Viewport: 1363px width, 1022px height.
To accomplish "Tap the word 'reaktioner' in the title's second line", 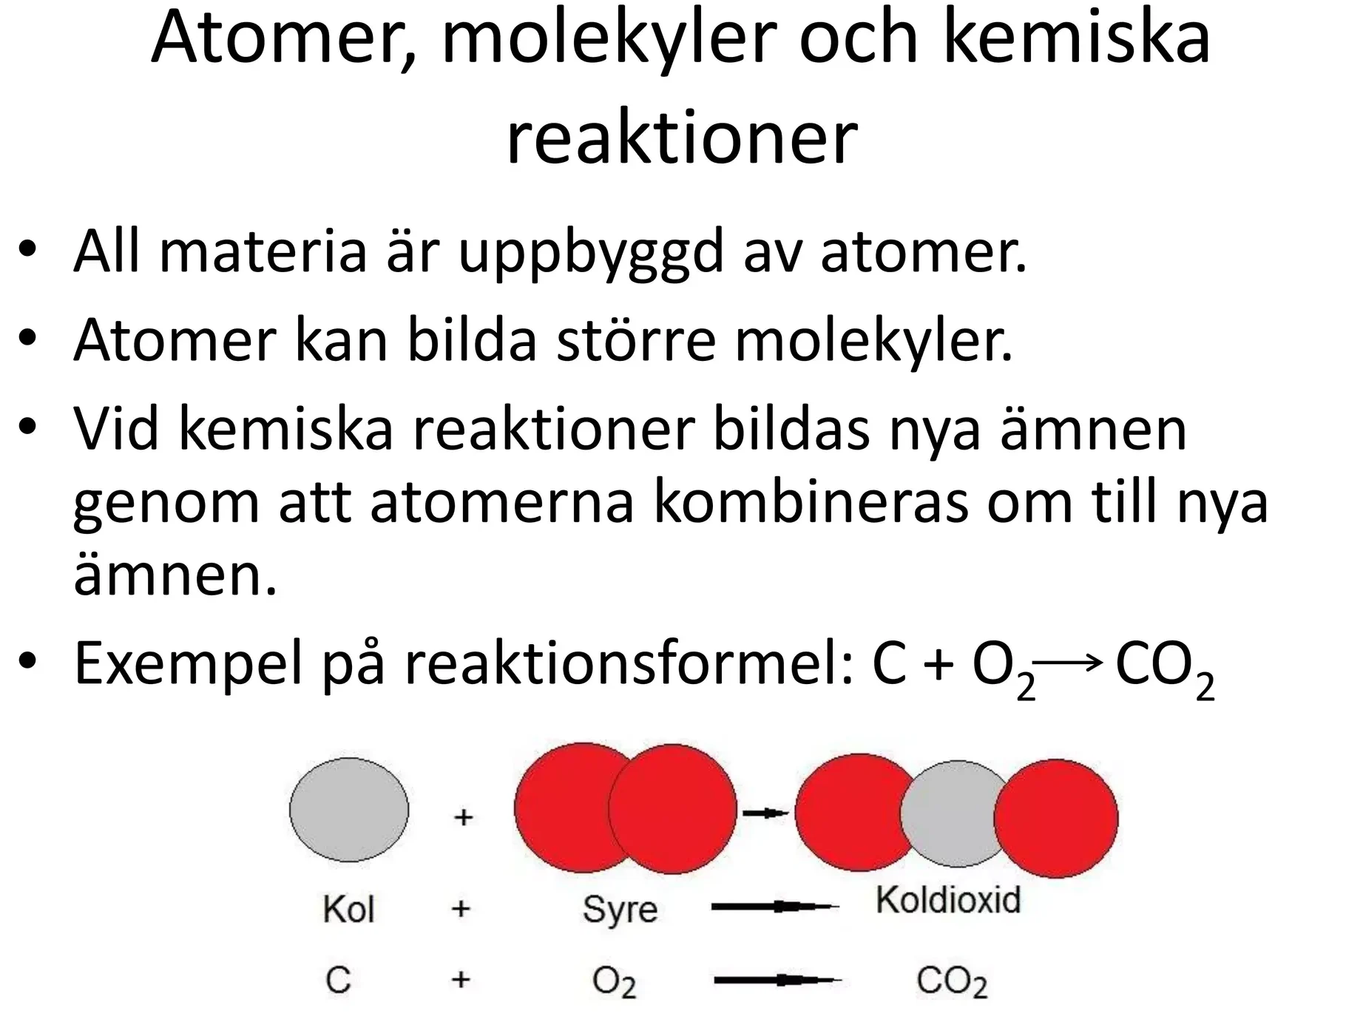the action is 681,137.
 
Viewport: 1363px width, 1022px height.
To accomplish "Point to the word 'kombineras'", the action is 811,503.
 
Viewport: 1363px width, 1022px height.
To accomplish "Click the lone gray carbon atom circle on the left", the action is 348,810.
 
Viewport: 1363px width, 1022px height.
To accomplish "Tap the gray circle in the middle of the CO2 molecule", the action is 956,813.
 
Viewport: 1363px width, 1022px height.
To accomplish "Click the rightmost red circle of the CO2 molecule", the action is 1055,818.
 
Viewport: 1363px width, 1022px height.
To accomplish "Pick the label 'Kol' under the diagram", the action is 348,909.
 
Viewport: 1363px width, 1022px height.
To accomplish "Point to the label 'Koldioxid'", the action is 948,901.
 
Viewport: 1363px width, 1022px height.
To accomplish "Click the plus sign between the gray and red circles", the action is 463,817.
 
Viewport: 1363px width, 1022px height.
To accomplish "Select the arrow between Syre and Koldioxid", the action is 775,906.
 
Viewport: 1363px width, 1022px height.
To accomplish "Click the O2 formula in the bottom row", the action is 614,983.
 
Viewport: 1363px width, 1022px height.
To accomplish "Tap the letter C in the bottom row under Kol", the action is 338,981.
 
